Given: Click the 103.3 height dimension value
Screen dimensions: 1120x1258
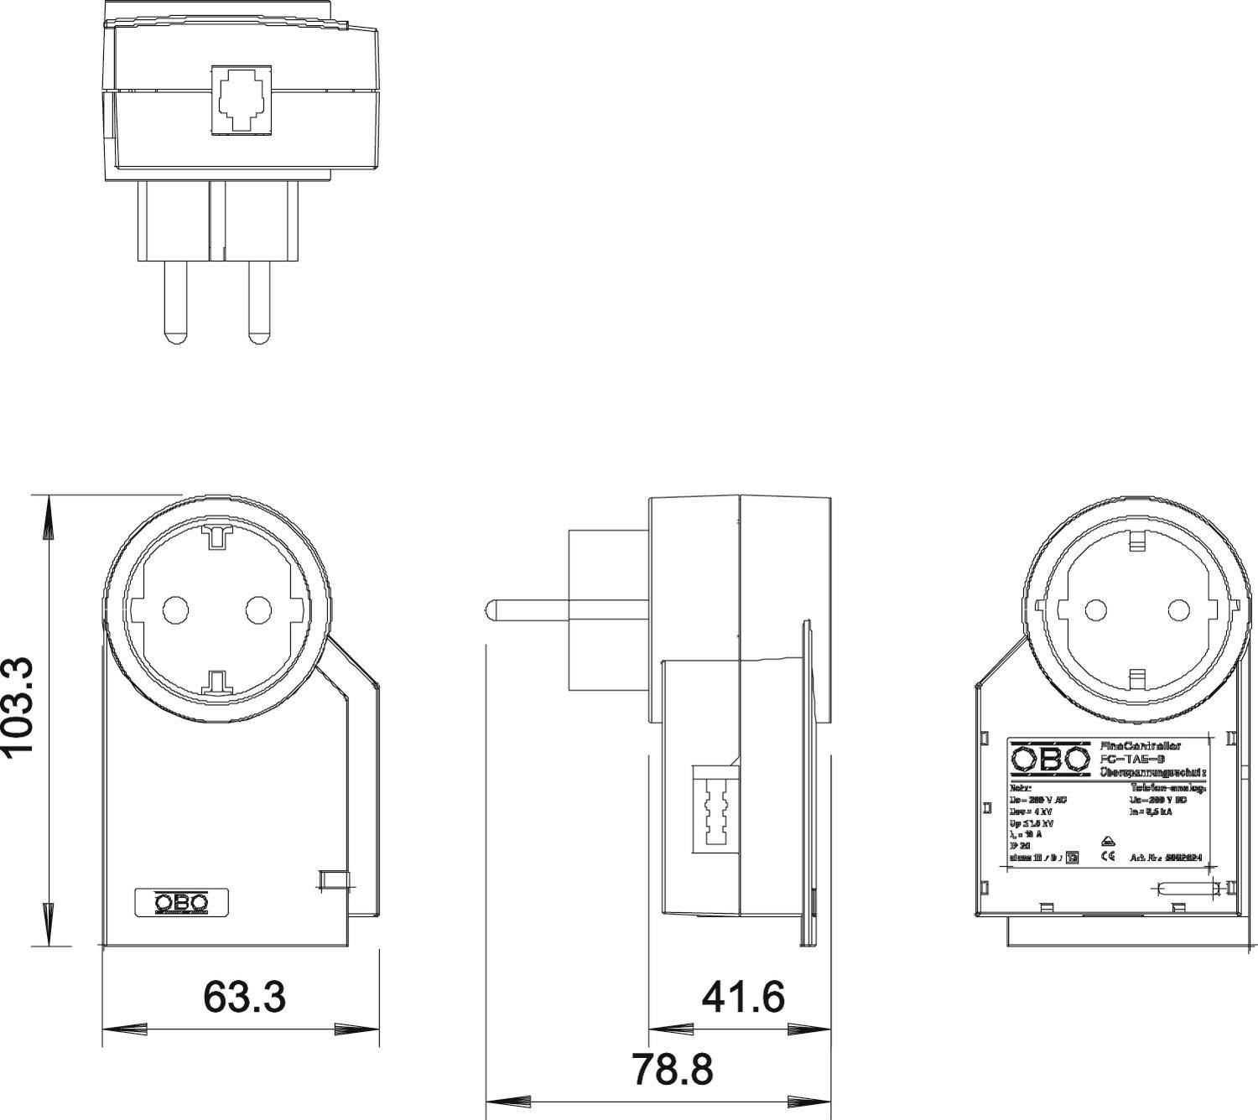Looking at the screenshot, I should [x=18, y=706].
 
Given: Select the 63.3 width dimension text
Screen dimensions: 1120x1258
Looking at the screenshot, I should [x=245, y=997].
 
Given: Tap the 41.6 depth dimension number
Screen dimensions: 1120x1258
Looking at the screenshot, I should [x=743, y=997].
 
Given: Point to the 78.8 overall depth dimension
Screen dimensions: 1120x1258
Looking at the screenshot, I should [x=672, y=1069].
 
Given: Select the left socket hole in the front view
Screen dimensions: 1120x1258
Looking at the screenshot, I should [x=175, y=609].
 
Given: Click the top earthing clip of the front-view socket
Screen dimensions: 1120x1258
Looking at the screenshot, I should [x=216, y=536].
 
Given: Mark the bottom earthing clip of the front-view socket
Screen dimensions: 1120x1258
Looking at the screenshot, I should [x=216, y=682].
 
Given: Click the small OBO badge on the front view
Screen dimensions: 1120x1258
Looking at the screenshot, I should [x=181, y=903].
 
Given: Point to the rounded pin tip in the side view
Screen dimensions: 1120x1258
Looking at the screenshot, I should [x=492, y=609].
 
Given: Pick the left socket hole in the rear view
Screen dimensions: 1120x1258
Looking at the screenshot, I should [x=1096, y=609].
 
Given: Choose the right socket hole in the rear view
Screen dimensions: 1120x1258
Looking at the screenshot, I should [x=1177, y=609].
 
